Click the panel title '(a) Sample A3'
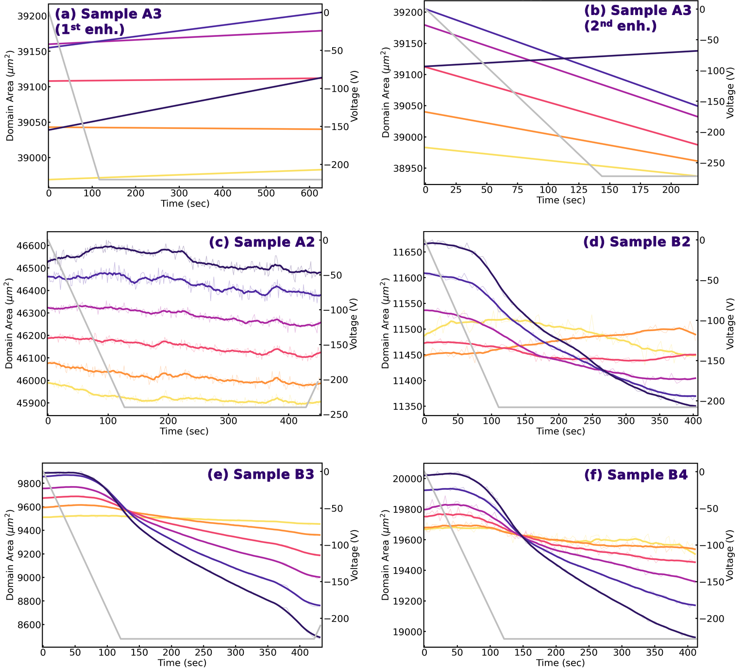tap(108, 14)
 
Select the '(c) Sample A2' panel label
tap(262, 242)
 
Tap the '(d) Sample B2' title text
tap(637, 242)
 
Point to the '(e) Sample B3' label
tap(261, 474)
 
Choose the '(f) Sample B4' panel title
tap(636, 474)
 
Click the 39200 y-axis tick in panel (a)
tap(32, 16)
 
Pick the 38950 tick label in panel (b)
tap(407, 168)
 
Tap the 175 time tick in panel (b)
tap(640, 189)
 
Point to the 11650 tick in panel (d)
tap(406, 252)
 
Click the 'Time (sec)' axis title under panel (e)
tap(182, 663)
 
